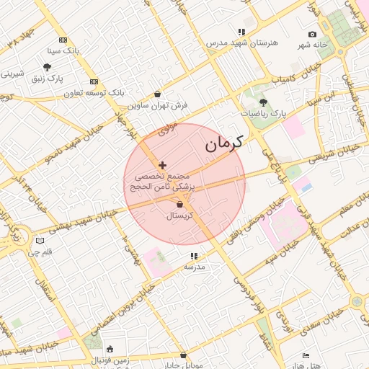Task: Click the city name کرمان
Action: click(223, 143)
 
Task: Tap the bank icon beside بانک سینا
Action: click(63, 40)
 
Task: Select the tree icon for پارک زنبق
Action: click(48, 66)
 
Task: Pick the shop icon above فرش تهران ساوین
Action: click(158, 94)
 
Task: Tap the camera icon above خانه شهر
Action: click(312, 34)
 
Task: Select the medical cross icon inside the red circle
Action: click(162, 165)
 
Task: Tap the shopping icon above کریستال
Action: click(179, 205)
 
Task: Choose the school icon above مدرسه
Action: click(193, 256)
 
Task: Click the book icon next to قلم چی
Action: click(40, 241)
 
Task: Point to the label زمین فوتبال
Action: click(110, 359)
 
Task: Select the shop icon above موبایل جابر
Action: click(183, 355)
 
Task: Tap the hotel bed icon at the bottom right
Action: click(306, 355)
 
